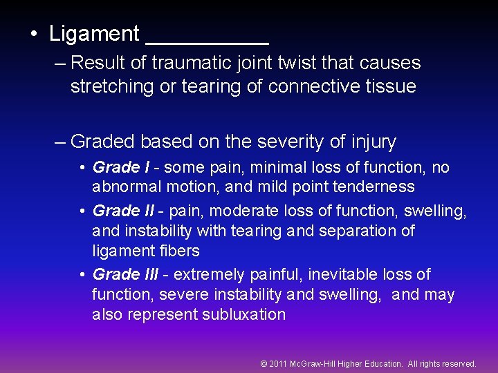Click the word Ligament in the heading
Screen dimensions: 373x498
[x=94, y=34]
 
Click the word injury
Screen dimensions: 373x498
[x=372, y=142]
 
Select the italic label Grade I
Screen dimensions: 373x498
[x=120, y=167]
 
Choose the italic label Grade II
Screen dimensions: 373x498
[x=123, y=210]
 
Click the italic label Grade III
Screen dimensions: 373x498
[x=125, y=274]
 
